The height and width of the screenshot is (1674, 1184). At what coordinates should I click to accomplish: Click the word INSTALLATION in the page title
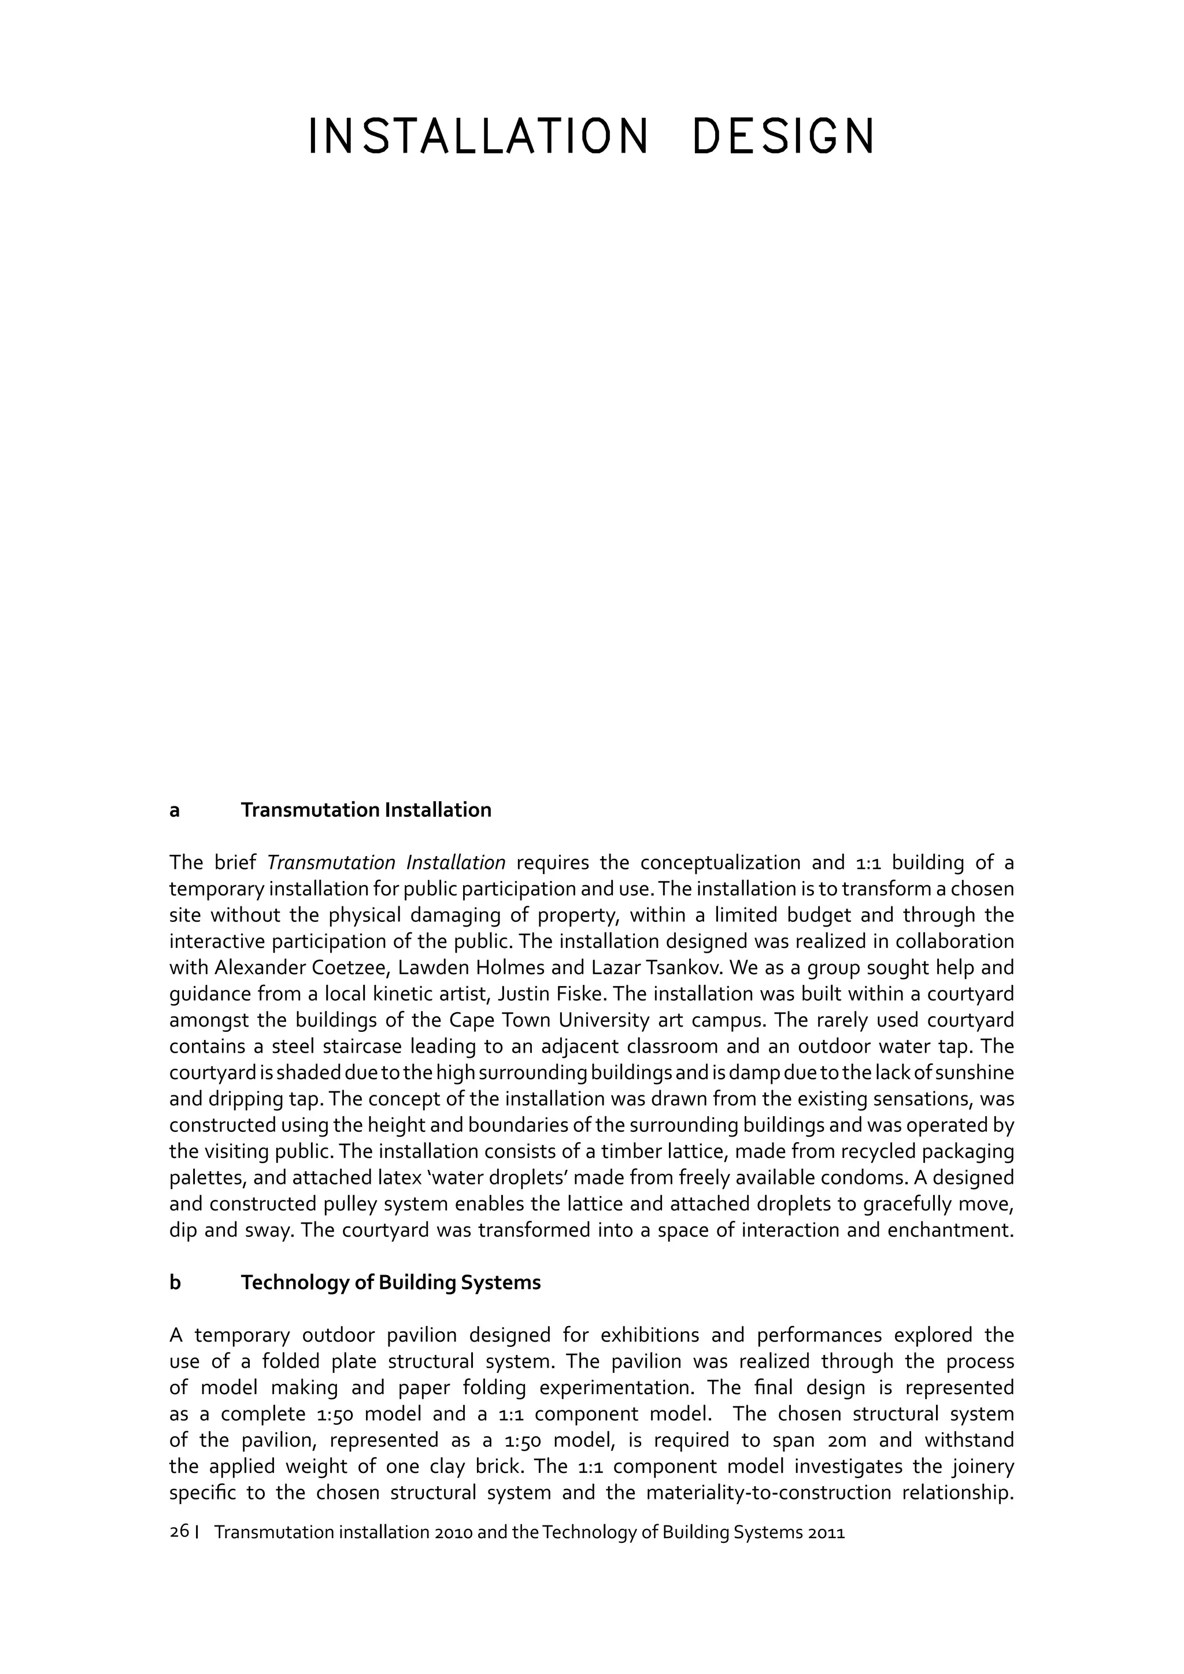pos(478,136)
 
